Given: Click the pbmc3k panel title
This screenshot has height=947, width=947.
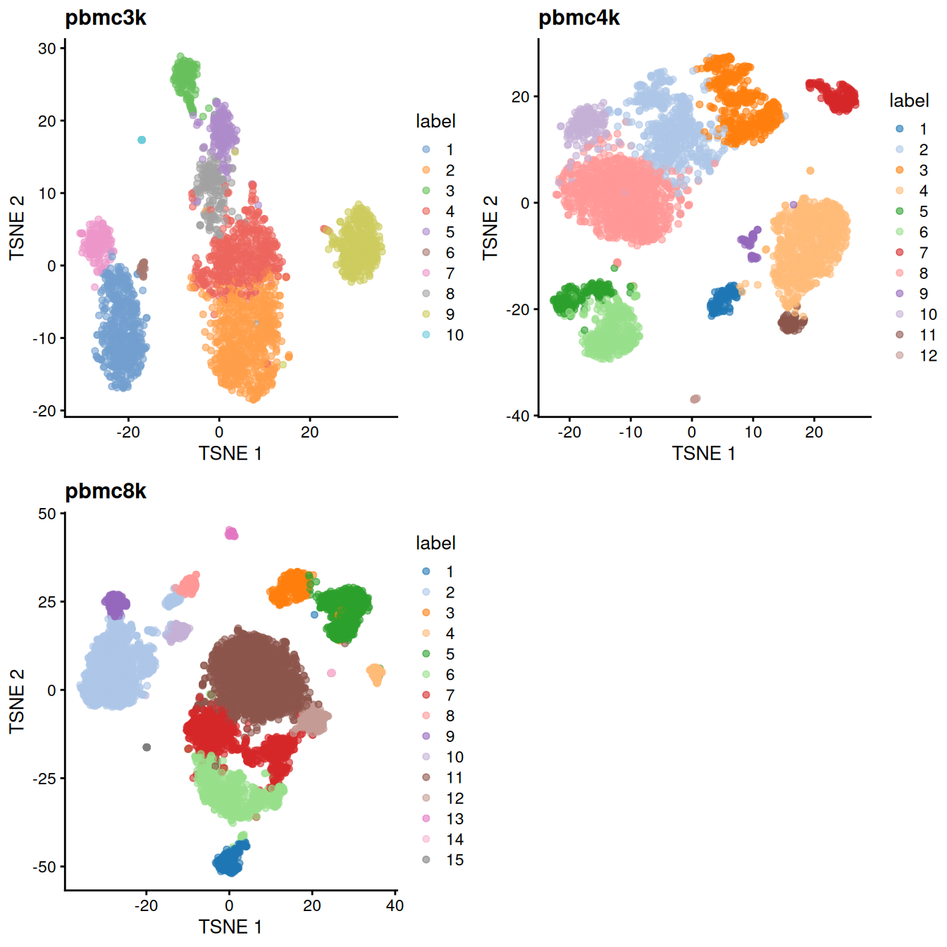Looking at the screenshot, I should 106,18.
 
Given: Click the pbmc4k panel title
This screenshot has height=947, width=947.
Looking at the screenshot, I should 578,18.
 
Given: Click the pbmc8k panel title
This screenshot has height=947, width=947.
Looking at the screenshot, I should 106,491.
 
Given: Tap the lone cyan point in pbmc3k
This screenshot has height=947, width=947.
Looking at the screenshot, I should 142,140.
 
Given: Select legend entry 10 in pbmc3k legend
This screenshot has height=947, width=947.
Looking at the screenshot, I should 454,335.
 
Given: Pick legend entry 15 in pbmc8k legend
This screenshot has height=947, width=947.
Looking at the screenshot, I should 454,860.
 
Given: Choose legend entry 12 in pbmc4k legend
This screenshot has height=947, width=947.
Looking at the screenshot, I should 928,356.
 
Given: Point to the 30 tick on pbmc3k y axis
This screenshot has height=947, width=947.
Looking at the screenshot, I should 47,49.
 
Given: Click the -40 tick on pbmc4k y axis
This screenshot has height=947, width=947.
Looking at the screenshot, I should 518,416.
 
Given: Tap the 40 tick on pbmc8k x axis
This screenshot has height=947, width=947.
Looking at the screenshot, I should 395,906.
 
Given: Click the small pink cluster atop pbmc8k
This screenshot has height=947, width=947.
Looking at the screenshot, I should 231,533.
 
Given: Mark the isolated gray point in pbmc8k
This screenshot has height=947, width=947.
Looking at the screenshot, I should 147,748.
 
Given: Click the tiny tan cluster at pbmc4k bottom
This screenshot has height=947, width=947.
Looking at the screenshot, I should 695,399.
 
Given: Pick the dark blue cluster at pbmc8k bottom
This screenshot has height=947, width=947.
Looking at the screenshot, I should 230,860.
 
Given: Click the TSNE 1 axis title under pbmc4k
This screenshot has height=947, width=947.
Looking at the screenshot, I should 703,454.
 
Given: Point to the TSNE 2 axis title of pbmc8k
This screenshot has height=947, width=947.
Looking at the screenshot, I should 17,701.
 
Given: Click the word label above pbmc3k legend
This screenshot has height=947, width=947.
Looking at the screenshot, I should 435,121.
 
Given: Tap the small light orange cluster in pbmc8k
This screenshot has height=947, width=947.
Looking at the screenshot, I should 376,674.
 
